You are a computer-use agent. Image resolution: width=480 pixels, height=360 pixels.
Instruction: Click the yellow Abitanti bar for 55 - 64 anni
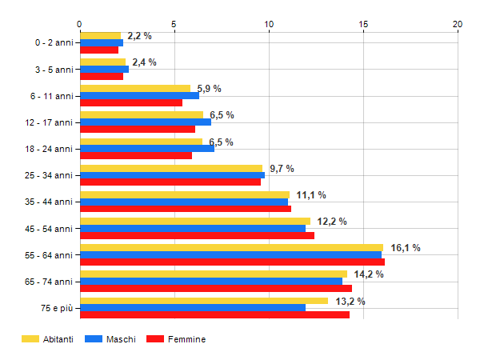[231, 247]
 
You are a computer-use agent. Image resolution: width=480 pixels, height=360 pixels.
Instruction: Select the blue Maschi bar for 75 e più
[192, 308]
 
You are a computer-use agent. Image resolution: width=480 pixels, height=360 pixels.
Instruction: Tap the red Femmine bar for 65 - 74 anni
[215, 289]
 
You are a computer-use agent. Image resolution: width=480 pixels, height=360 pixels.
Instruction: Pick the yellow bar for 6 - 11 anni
[134, 89]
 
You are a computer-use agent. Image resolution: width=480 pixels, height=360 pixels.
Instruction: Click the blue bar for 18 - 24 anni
[146, 149]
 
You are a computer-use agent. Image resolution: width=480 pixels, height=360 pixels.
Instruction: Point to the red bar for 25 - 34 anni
[170, 182]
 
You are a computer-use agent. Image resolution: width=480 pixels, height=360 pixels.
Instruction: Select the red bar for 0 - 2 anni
[98, 50]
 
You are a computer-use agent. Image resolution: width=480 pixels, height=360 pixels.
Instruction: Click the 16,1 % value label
[406, 248]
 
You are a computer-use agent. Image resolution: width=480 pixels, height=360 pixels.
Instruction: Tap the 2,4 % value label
[144, 62]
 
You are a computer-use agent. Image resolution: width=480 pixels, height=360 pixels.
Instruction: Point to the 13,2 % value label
[350, 302]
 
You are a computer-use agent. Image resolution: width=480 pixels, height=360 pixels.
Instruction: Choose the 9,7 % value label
[282, 169]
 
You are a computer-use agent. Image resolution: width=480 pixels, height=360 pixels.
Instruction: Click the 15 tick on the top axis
[363, 24]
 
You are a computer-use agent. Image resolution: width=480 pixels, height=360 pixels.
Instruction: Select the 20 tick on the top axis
[458, 24]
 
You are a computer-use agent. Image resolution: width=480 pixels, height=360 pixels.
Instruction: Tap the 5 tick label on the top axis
[174, 24]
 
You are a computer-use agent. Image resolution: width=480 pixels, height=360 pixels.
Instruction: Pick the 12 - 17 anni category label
[49, 122]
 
